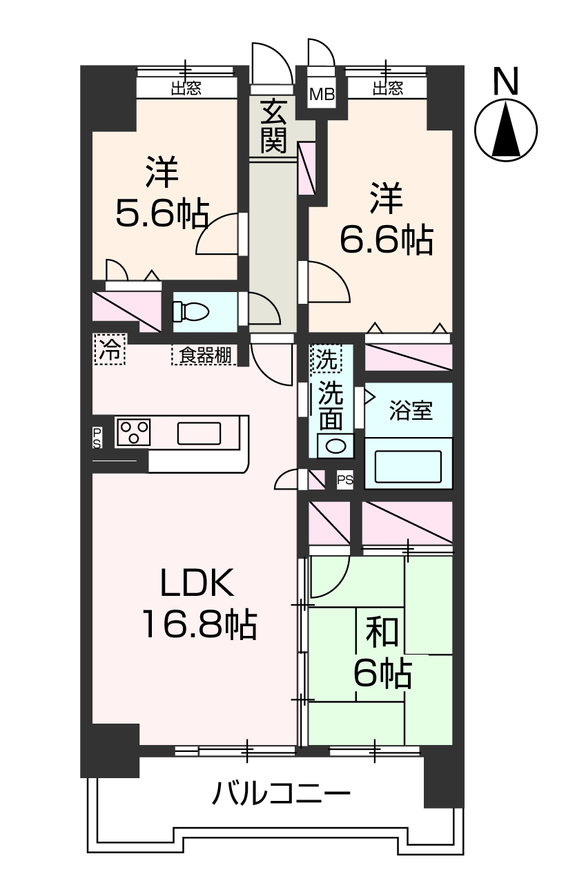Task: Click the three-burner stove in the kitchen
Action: tap(134, 433)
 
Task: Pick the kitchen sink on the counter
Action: tap(199, 433)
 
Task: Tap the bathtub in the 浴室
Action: tap(407, 467)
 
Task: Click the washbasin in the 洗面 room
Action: tap(335, 445)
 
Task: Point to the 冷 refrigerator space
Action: tap(108, 349)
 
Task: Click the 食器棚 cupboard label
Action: tap(204, 356)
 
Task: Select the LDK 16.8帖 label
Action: tap(199, 605)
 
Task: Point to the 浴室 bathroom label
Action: tap(411, 410)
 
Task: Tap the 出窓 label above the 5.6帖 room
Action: tap(186, 88)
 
